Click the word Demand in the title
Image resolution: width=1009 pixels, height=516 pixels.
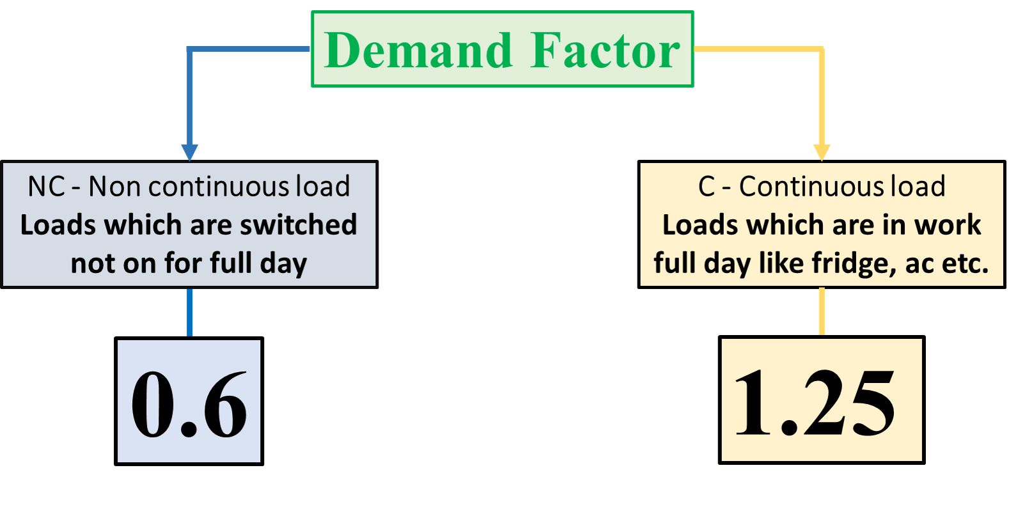[418, 51]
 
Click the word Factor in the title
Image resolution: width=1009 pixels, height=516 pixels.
[605, 51]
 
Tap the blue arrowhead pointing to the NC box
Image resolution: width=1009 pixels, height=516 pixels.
[190, 152]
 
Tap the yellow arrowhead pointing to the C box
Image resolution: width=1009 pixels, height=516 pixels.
[822, 152]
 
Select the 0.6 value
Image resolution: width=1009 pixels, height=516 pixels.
[189, 403]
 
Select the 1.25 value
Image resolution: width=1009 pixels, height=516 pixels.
[815, 403]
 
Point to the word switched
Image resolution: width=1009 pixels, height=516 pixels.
[298, 224]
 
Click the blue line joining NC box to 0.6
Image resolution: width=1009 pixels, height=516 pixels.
[190, 313]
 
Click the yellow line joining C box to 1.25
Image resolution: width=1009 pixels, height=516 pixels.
[822, 311]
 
